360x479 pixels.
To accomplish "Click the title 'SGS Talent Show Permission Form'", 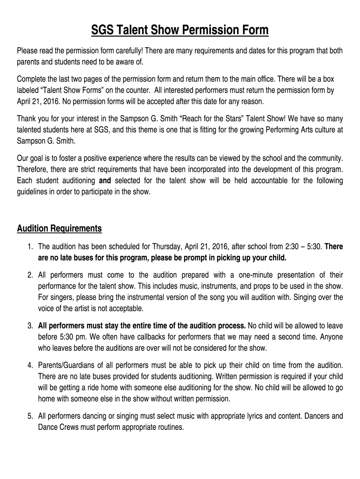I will pos(180,31).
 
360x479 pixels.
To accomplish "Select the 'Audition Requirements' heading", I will pos(59,229).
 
